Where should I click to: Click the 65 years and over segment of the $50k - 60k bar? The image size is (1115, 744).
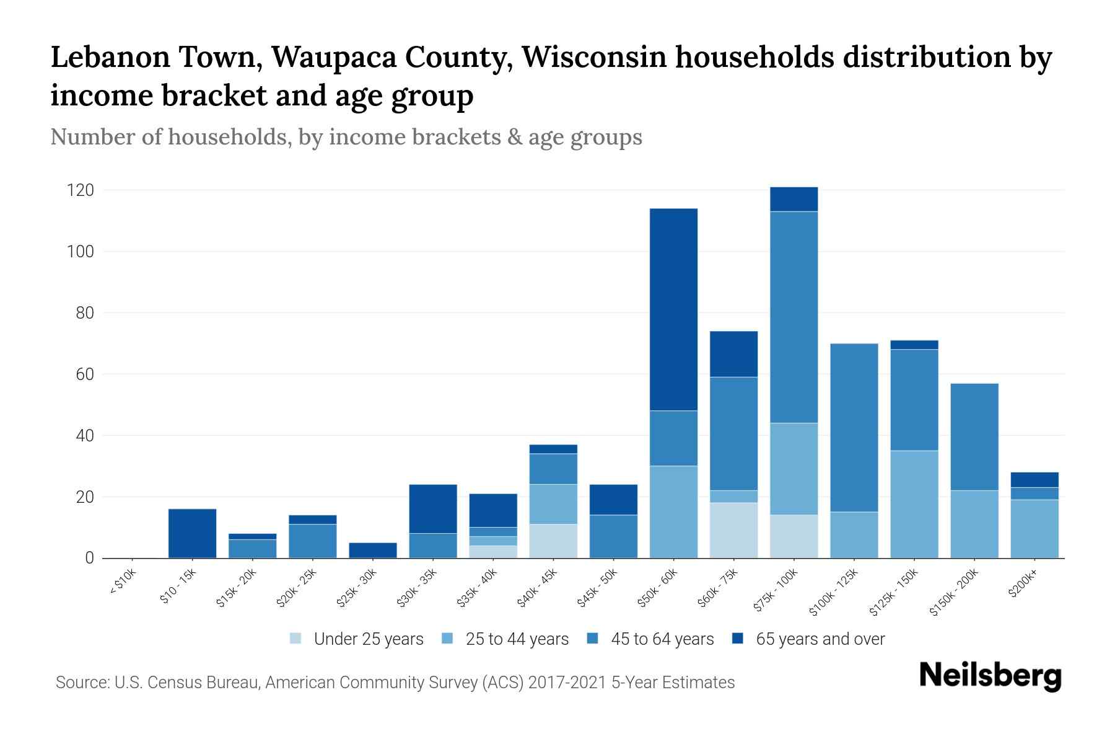673,309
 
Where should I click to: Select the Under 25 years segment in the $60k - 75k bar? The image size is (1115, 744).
733,530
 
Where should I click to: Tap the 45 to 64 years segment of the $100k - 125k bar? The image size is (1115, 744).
854,427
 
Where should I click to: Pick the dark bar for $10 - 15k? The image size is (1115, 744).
192,533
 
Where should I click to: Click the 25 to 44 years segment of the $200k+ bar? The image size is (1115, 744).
1034,529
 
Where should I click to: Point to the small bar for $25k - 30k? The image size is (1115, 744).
372,551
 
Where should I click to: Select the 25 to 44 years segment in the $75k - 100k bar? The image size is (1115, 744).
794,469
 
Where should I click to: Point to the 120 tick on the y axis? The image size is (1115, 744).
81,190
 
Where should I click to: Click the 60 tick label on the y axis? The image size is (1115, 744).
85,374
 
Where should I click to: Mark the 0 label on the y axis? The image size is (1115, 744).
90,558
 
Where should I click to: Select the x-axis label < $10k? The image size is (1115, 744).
123,583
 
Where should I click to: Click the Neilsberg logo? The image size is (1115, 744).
990,676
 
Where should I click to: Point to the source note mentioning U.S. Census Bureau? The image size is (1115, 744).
395,683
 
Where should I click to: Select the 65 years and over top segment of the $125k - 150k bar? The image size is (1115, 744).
914,345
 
